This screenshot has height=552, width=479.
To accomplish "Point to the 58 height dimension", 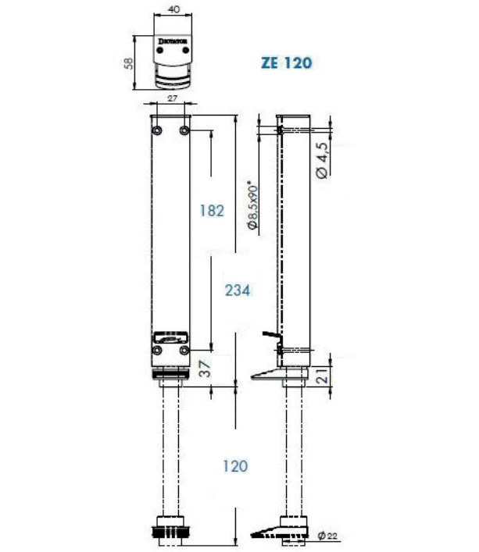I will pos(129,62).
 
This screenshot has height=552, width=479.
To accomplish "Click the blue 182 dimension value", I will pos(212,210).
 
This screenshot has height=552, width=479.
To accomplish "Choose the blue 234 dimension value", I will pos(238,290).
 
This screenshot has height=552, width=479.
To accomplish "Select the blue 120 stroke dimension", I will pos(234,465).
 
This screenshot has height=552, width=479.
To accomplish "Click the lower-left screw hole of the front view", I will pos(158,351).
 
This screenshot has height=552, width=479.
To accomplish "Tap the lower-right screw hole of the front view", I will pos(185,351).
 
